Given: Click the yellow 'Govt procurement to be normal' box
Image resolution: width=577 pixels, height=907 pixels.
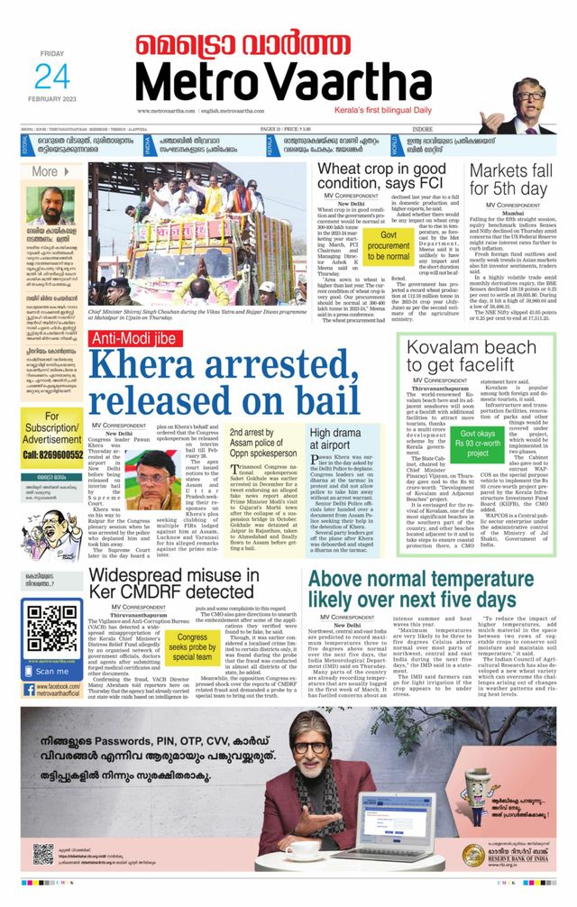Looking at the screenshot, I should [389, 244].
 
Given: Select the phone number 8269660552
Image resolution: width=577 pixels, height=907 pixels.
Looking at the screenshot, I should [52, 454].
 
